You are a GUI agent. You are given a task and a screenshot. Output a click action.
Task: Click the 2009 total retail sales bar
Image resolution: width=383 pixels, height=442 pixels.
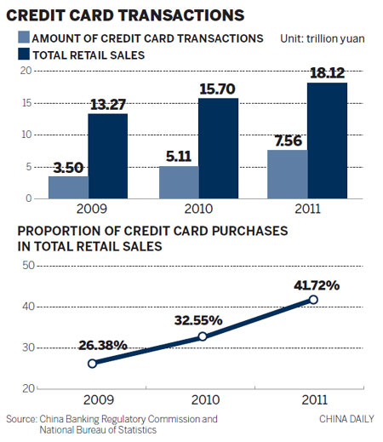pyautogui.click(x=107, y=156)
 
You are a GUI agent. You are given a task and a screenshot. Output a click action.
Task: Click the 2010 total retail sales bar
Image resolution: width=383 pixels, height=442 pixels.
pyautogui.click(x=218, y=148)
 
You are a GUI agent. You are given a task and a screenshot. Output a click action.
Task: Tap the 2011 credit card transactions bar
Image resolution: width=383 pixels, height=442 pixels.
pyautogui.click(x=288, y=175)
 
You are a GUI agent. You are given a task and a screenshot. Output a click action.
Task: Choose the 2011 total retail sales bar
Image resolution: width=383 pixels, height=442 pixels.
pyautogui.click(x=327, y=141)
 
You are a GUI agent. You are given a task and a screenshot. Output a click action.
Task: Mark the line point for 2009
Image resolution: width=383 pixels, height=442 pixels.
pyautogui.click(x=92, y=363)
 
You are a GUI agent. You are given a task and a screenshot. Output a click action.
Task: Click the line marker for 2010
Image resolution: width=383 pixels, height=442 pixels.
pyautogui.click(x=203, y=336)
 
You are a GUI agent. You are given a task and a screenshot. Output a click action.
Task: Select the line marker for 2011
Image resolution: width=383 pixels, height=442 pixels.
pyautogui.click(x=314, y=299)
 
